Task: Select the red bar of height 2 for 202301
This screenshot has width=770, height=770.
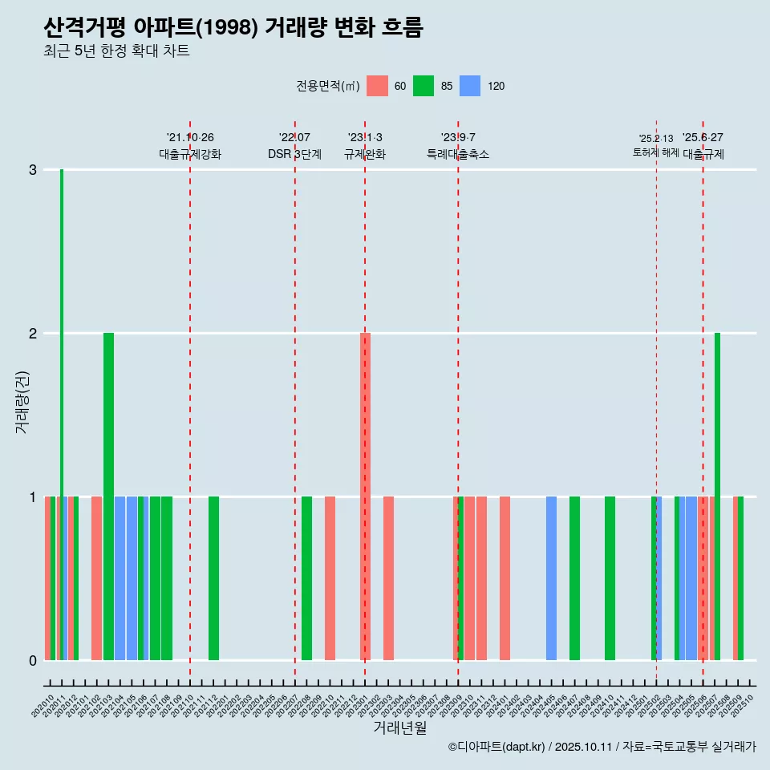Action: click(365, 497)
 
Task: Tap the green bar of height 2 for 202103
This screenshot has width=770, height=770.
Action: click(108, 497)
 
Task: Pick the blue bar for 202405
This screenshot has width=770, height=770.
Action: click(551, 578)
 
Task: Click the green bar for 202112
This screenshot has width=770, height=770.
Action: click(213, 578)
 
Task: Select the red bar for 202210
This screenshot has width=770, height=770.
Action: click(330, 578)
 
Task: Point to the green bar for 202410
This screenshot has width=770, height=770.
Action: click(610, 578)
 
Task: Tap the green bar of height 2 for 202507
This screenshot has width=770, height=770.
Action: click(717, 497)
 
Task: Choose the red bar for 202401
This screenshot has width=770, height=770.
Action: click(505, 578)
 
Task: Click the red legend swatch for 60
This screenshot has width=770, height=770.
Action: click(377, 86)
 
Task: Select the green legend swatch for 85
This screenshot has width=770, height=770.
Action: click(423, 86)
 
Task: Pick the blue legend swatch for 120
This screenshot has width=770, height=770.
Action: click(470, 86)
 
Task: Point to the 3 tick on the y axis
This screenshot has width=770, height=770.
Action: click(33, 170)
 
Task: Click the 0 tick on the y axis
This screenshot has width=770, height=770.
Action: click(33, 661)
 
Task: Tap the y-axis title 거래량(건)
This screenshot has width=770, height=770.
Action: click(22, 401)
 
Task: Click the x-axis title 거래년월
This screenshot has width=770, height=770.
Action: click(399, 727)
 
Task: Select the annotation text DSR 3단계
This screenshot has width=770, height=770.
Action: click(294, 154)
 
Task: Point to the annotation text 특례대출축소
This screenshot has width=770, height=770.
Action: click(457, 154)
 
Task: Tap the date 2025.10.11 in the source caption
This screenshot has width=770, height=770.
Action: click(583, 747)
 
